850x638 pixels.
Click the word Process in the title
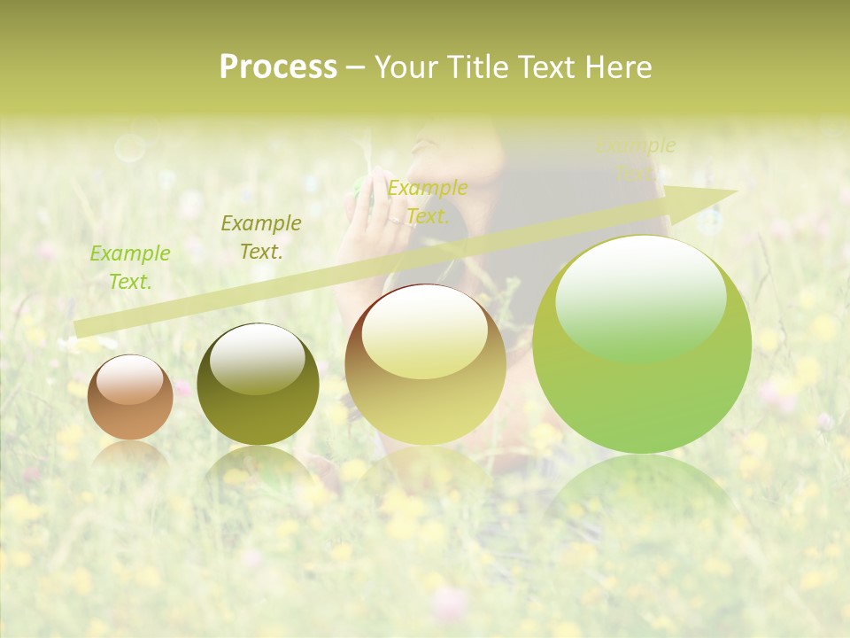(x=278, y=67)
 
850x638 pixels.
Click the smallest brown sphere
(x=130, y=398)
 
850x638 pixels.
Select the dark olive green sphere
(x=258, y=385)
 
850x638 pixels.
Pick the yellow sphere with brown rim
(x=426, y=364)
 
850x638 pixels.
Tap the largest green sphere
(x=642, y=344)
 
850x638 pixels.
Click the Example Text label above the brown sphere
(x=130, y=268)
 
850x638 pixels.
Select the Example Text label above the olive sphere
(x=261, y=237)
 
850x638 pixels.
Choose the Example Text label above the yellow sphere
(x=428, y=202)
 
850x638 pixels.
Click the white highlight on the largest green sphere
(x=641, y=297)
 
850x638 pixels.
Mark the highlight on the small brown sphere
(x=129, y=379)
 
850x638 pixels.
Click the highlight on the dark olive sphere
(x=257, y=358)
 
